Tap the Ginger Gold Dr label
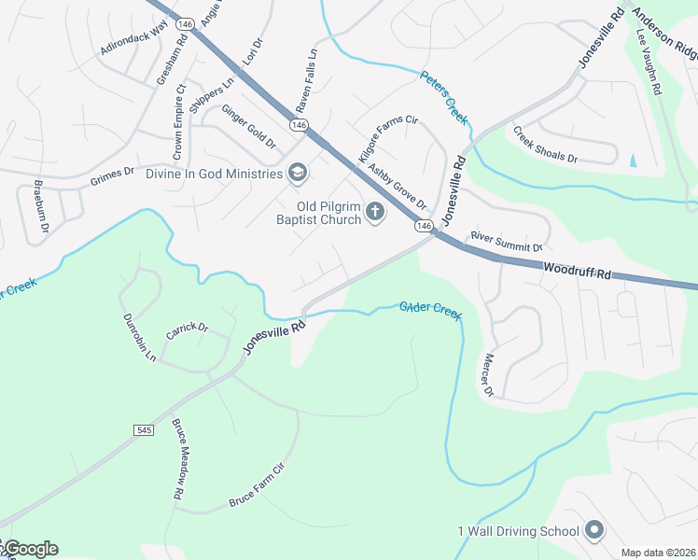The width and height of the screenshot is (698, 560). [x=248, y=127]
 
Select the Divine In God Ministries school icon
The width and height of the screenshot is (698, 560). [x=297, y=174]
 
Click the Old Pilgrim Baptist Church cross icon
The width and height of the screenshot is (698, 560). [x=375, y=213]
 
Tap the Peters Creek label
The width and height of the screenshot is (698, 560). [x=443, y=97]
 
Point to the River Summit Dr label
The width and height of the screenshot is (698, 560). [x=506, y=242]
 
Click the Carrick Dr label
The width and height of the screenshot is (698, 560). [x=187, y=331]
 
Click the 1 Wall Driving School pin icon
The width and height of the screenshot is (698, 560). [x=595, y=531]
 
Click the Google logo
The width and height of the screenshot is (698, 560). [x=30, y=549]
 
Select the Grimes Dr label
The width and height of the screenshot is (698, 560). [x=113, y=174]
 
